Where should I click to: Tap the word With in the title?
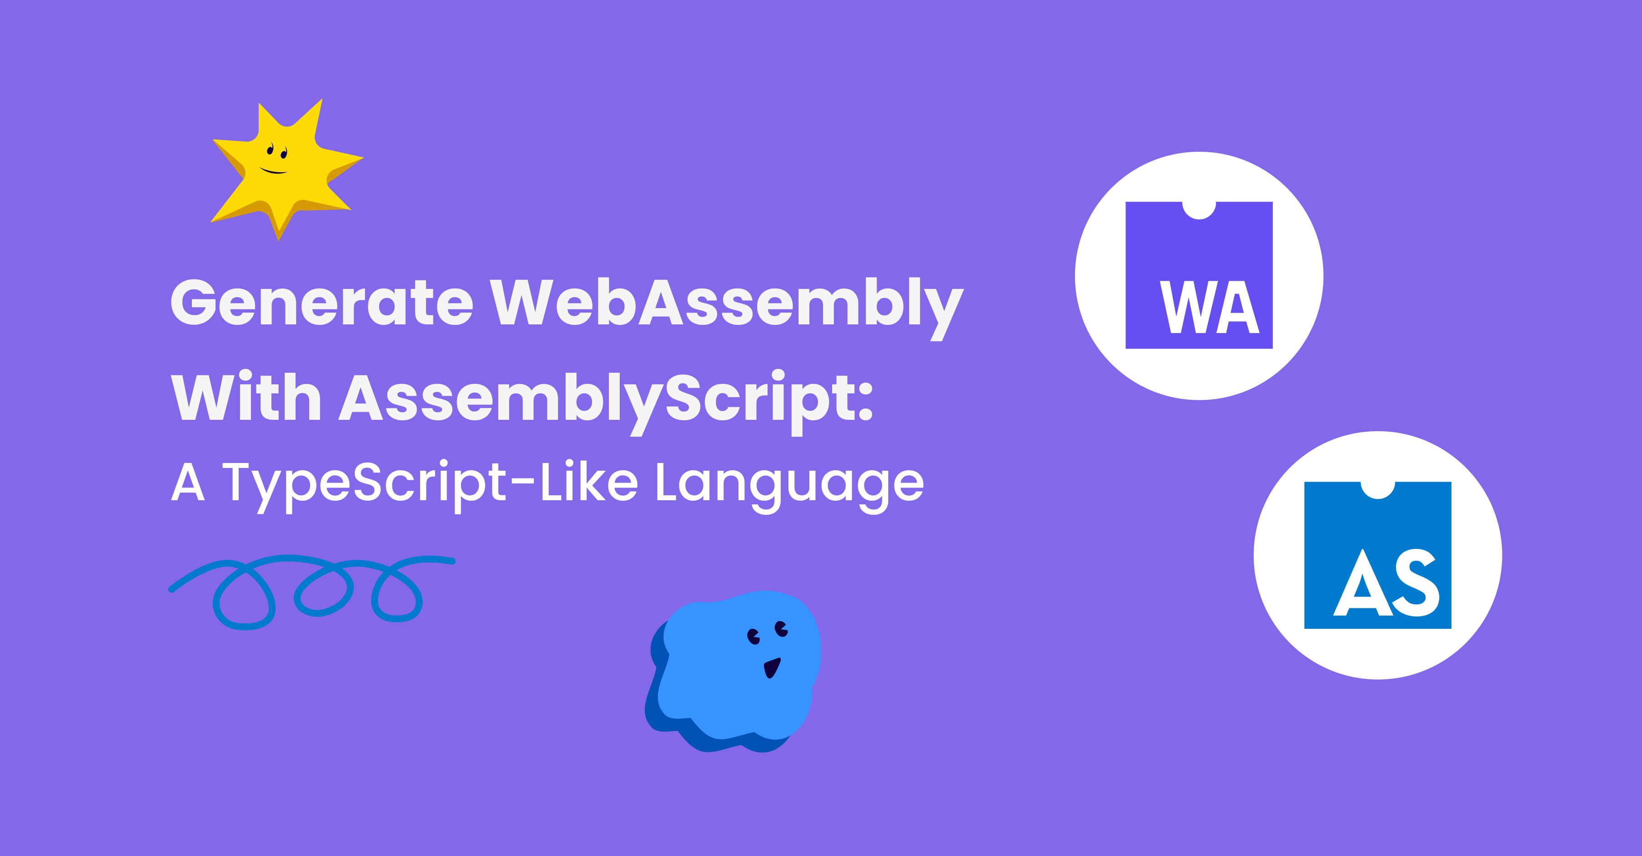click(246, 398)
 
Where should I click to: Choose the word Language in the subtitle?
click(789, 485)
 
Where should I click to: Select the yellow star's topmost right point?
click(321, 100)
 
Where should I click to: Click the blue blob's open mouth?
click(772, 668)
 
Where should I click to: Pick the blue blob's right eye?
click(782, 629)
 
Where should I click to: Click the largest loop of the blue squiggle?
click(244, 596)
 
